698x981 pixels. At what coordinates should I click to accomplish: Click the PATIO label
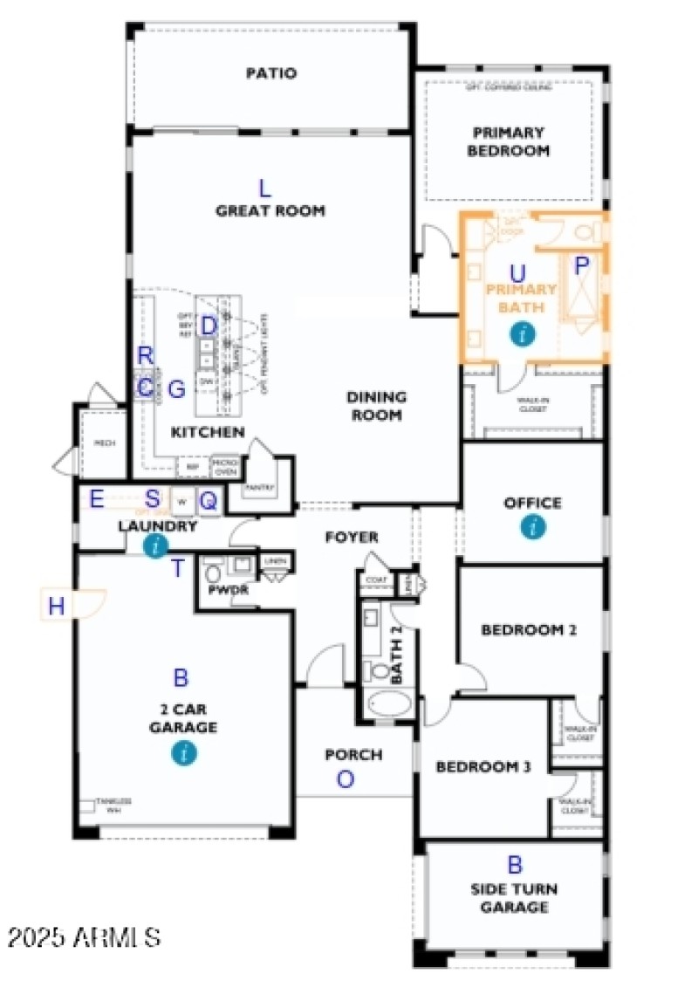click(270, 73)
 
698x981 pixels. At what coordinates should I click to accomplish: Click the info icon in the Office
click(533, 526)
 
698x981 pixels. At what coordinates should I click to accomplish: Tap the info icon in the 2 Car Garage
click(183, 752)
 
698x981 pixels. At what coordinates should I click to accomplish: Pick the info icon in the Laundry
click(155, 546)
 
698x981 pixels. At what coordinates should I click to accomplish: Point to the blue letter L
click(265, 188)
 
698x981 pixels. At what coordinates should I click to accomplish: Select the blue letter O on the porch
click(346, 780)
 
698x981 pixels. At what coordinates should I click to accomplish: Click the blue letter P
click(582, 264)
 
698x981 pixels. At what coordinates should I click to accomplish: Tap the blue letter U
click(517, 273)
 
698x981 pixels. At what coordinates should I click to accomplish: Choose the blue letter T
click(178, 569)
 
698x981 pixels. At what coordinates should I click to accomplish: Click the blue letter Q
click(209, 500)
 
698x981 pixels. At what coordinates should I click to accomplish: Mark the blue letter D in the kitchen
click(209, 326)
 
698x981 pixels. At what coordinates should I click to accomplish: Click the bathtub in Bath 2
click(389, 703)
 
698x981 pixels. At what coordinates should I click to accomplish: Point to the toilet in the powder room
click(212, 575)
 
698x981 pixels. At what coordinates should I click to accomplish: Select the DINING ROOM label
click(376, 406)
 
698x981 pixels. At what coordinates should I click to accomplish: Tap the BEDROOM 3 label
click(482, 767)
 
